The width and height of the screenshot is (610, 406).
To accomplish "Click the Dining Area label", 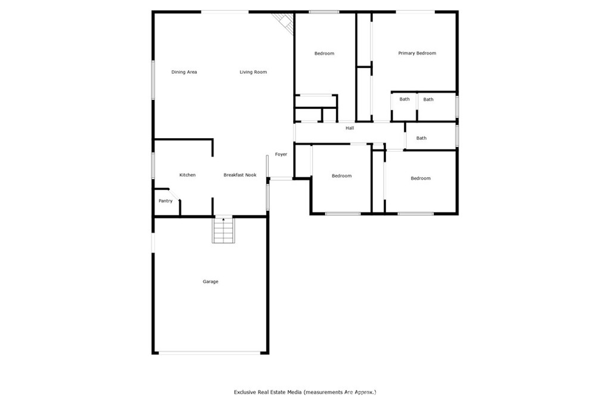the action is tap(184, 72).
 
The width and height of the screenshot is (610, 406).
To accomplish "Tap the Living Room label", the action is tap(253, 72).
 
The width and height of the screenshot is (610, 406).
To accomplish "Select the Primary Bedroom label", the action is tap(417, 53).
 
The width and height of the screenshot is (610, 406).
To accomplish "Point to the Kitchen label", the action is tap(188, 175).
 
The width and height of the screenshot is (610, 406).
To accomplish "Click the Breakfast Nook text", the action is tap(240, 175).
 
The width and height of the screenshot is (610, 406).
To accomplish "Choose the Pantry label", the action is tap(166, 201).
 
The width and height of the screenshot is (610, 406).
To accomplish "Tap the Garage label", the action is tap(210, 282).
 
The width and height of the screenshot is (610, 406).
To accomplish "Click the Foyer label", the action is tap(281, 154).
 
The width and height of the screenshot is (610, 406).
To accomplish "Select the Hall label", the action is tap(350, 128).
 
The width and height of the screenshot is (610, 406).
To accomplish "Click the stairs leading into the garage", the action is tap(223, 230).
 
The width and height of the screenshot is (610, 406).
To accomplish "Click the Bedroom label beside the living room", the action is tap(325, 54).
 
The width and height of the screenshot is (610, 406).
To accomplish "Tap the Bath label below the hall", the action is tap(421, 138).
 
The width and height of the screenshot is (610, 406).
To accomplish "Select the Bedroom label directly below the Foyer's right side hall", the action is tap(341, 176).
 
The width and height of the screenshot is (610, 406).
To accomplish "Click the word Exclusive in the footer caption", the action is tap(245, 392).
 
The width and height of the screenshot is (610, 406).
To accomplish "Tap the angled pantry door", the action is tap(175, 195).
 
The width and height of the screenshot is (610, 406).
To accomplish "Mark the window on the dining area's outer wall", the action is tap(153, 80).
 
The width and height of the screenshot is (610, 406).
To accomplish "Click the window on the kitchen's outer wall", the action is tap(153, 165).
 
